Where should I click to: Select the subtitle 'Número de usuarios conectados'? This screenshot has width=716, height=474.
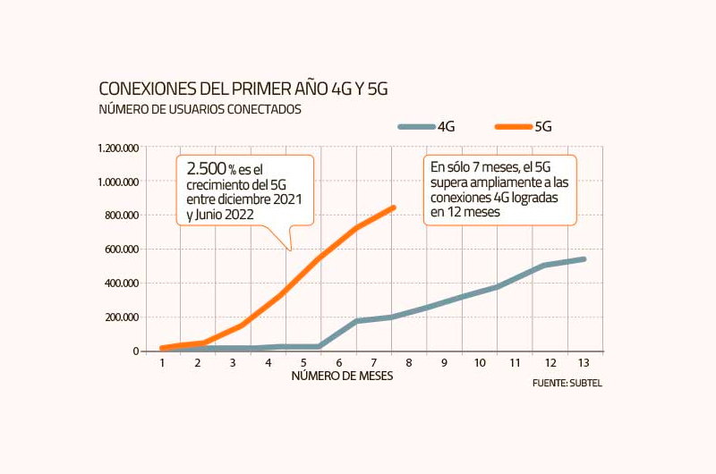(200, 110)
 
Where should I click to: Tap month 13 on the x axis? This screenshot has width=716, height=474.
(584, 362)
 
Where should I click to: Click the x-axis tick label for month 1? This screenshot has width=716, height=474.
(163, 362)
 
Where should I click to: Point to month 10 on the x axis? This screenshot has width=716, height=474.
(480, 362)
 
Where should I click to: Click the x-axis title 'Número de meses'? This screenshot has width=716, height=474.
(342, 377)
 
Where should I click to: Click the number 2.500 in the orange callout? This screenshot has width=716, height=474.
(206, 169)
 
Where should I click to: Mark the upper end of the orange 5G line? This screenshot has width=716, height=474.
(393, 207)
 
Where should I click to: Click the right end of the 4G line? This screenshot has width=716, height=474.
(584, 259)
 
